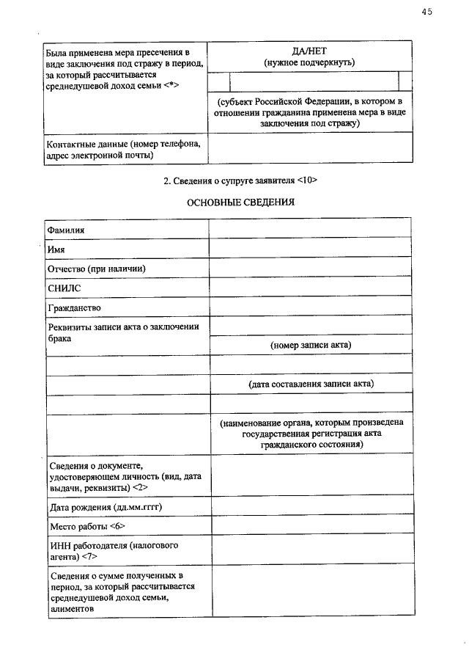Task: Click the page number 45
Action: pos(427,12)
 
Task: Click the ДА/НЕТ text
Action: pos(310,51)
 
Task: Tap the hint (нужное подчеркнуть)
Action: pos(310,62)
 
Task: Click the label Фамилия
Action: pos(67,229)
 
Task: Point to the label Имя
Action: pos(56,249)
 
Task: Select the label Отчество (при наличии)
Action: pos(97,269)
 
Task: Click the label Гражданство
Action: pos(75,307)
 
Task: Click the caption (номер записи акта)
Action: pos(311,345)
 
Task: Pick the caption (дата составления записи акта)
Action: pos(311,384)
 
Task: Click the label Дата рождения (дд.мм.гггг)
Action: pos(106,507)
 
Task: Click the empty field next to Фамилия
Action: pos(310,229)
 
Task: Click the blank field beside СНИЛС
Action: pos(310,288)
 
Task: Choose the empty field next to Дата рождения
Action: pos(310,507)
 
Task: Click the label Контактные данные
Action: pos(120,149)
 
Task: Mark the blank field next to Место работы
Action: pos(310,527)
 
